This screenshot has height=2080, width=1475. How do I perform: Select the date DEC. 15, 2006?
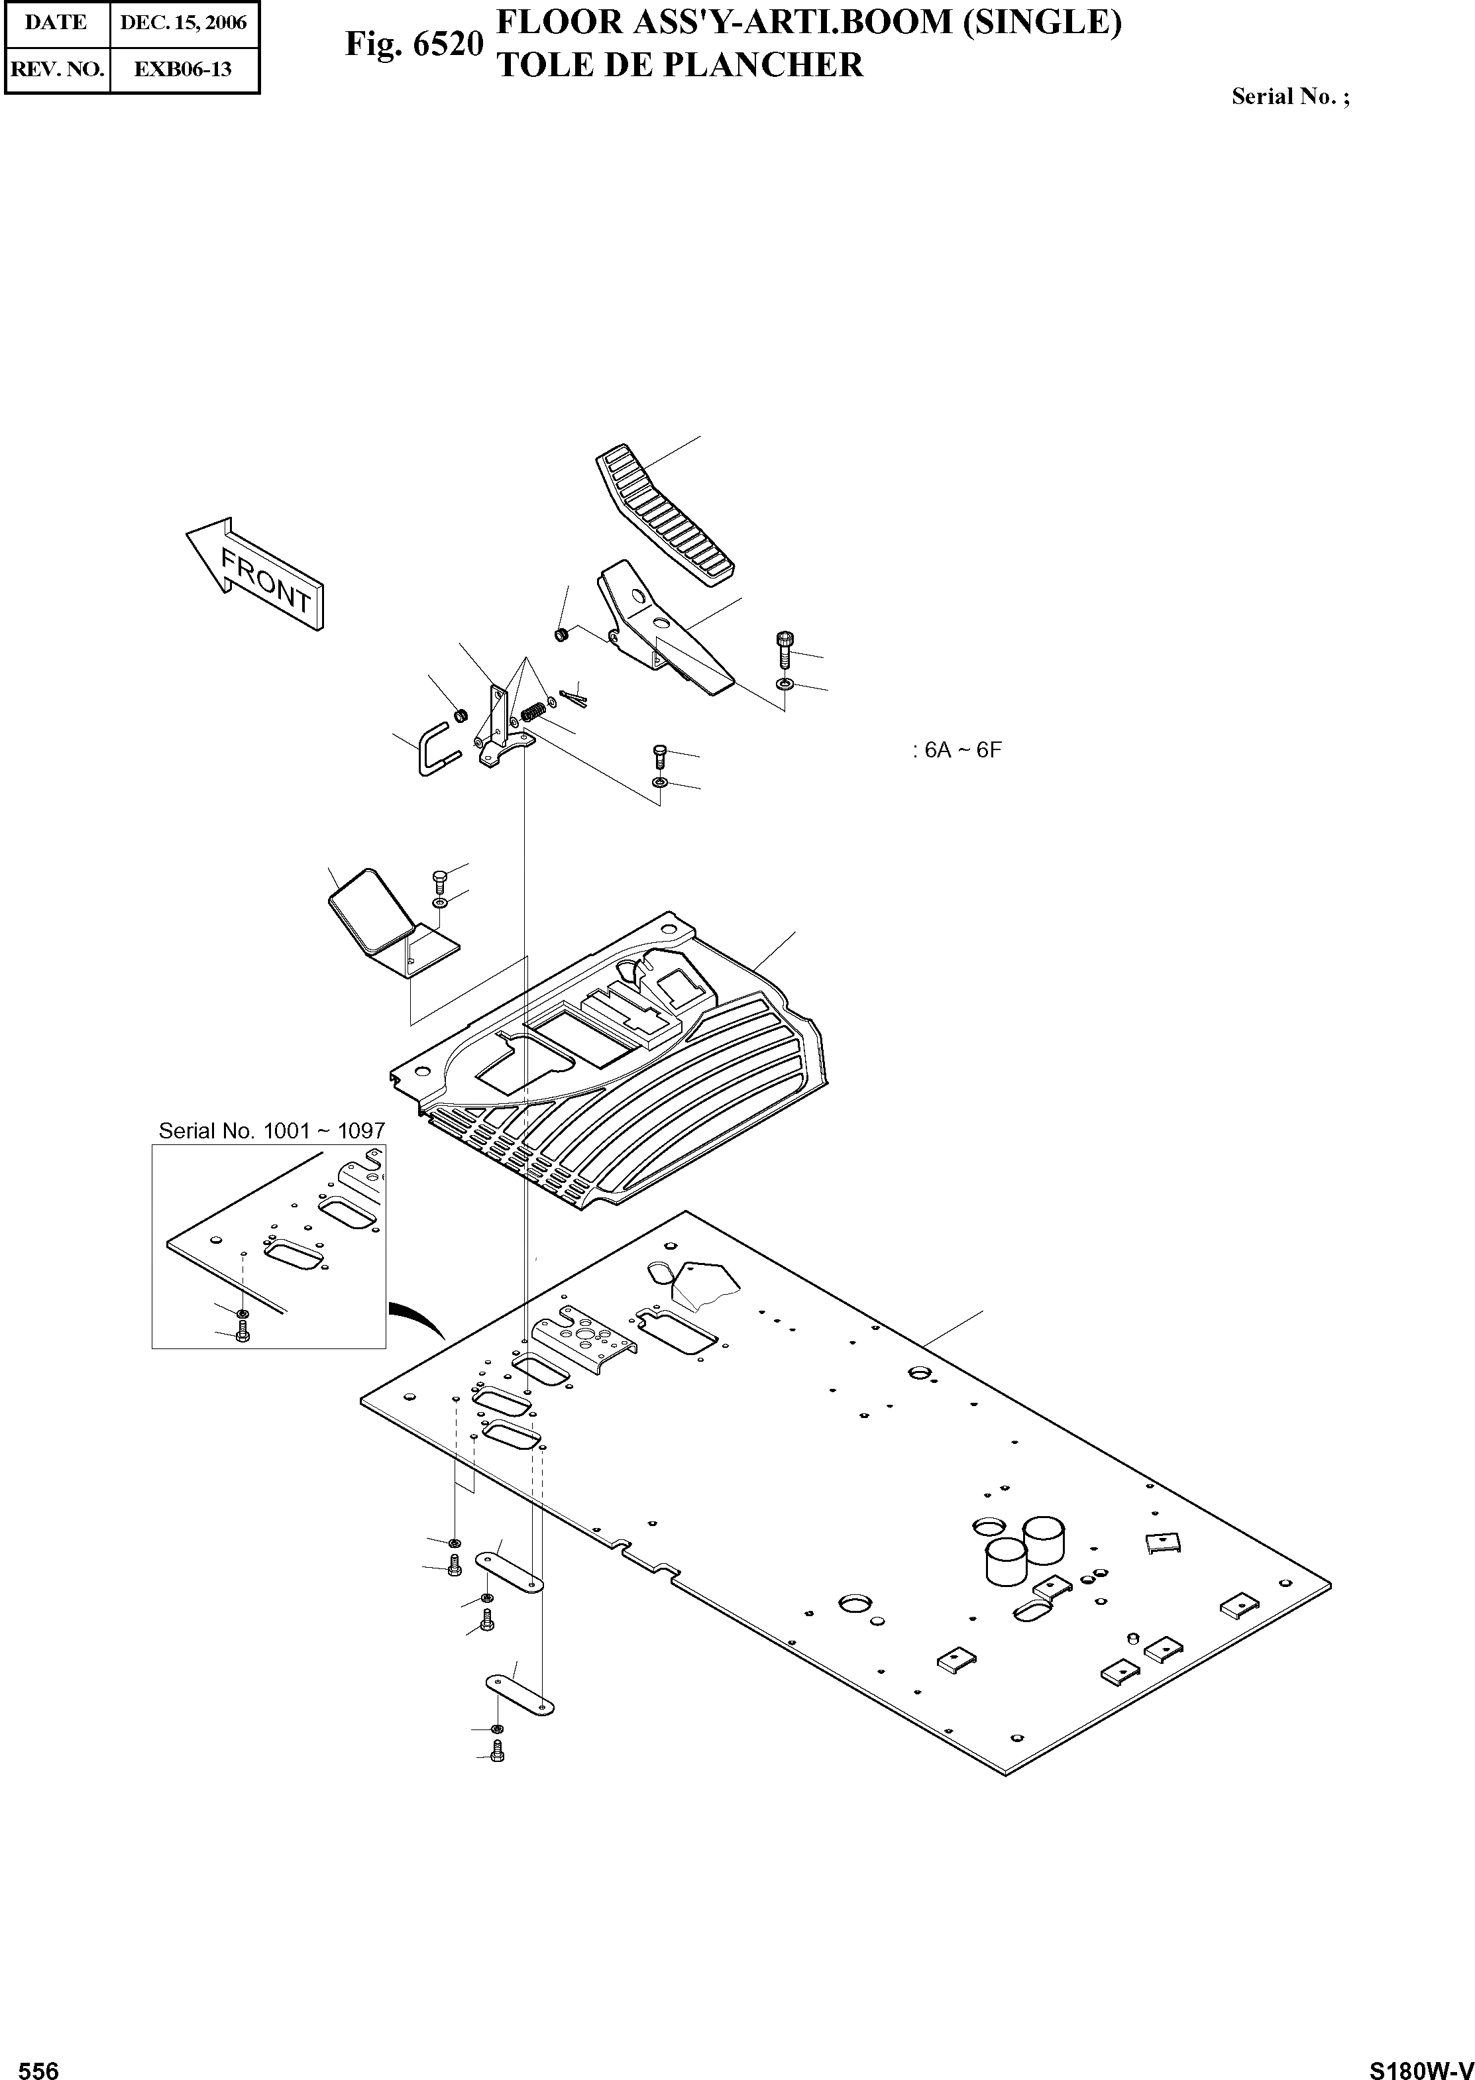184,23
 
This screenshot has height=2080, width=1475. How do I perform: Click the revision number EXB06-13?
184,69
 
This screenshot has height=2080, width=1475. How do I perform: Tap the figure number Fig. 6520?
413,42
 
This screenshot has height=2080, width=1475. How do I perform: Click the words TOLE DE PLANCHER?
679,66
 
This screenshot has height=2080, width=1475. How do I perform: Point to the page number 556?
38,2063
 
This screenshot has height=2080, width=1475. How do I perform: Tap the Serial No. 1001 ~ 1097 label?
272,1131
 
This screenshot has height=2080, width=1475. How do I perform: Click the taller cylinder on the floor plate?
1043,1539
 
